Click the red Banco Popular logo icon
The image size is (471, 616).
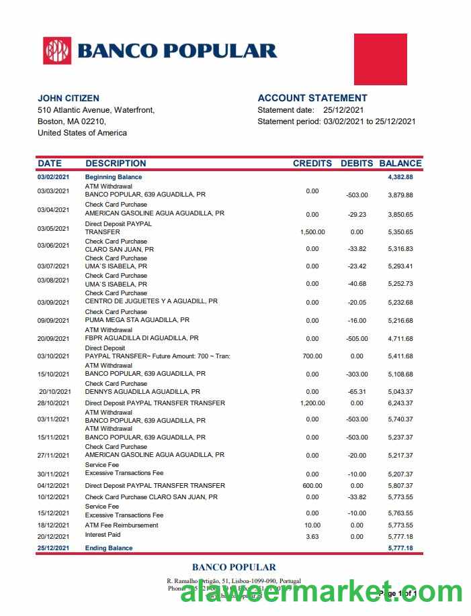57,51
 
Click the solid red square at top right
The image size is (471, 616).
380,59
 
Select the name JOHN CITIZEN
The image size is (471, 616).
69,98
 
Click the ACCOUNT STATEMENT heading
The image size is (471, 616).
312,98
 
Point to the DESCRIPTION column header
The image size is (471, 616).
116,163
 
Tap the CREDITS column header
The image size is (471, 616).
312,163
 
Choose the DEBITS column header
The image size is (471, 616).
357,163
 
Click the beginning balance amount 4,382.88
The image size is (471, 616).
400,177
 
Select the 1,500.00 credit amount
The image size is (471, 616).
312,232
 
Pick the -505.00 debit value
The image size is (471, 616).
357,339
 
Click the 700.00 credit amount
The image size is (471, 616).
312,356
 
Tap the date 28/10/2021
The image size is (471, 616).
54,403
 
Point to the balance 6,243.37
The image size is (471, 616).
400,403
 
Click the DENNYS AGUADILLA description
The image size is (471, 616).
142,391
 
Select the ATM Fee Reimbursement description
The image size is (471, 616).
122,525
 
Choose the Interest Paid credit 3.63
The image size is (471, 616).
312,537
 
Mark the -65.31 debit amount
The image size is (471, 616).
357,392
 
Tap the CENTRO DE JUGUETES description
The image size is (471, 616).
151,302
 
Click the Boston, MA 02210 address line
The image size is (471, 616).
72,121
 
